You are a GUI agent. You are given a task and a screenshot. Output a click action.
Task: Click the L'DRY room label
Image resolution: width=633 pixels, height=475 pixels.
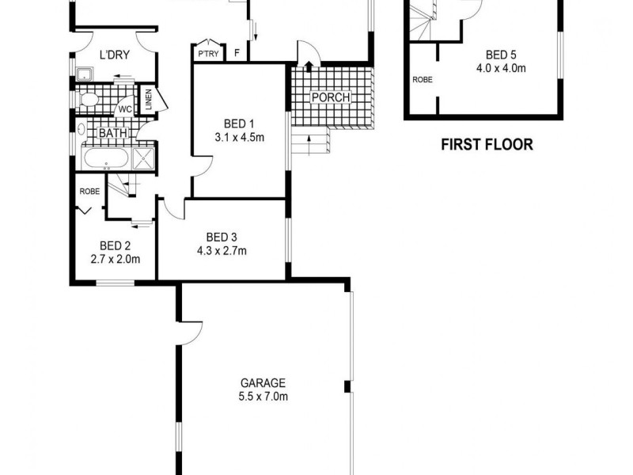point(114,55)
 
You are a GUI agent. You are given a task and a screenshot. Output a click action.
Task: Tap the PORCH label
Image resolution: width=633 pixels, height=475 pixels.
point(329,98)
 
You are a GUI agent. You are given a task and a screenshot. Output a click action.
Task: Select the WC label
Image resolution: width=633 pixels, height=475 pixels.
point(125,109)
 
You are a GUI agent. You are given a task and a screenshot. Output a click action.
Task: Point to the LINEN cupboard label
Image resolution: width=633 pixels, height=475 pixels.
point(149,101)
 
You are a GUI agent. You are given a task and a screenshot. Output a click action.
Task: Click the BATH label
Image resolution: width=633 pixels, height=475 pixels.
point(112,133)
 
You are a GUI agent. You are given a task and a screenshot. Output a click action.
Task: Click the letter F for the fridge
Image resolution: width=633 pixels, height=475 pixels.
point(237,54)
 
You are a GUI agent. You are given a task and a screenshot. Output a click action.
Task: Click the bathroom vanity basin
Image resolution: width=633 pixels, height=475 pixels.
point(81,129)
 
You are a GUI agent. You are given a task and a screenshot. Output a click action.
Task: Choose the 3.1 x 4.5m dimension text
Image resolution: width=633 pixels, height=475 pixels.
point(238,138)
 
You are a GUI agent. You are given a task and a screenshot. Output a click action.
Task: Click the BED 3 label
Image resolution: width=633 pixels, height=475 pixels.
point(222,237)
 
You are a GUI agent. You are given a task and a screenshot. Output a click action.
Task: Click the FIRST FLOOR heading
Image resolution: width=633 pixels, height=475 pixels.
point(487,145)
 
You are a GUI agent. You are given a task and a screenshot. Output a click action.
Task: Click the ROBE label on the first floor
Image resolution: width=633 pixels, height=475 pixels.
point(422,79)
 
